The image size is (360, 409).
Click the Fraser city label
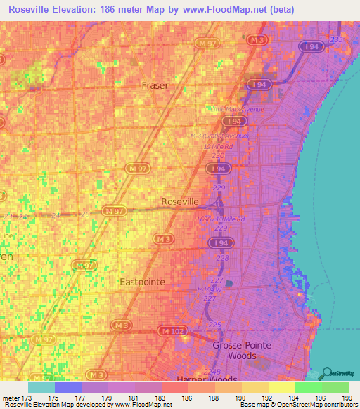click(x=155, y=85)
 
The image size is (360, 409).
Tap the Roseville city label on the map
click(x=181, y=201)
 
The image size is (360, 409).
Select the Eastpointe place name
click(x=141, y=281)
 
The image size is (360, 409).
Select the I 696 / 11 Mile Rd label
click(x=220, y=219)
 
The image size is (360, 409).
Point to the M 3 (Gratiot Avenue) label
click(x=219, y=136)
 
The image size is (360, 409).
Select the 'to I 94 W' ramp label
click(x=210, y=290)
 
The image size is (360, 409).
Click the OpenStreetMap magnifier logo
click(x=328, y=374)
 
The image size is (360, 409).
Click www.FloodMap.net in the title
click(x=221, y=9)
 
